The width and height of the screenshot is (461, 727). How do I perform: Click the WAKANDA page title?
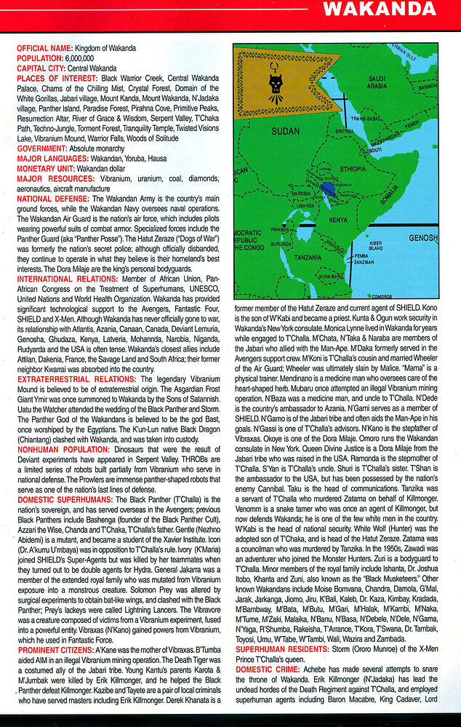click(379, 9)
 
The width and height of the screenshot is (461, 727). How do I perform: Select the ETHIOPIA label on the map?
click(353, 169)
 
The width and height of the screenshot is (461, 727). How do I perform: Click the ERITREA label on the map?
click(345, 131)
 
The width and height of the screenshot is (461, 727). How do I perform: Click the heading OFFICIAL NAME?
click(45, 48)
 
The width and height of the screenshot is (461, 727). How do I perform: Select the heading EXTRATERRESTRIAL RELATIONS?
click(76, 380)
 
